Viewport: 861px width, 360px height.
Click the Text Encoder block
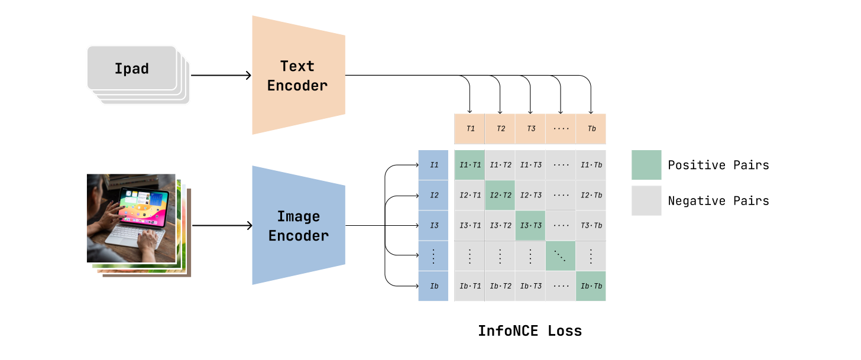[298, 76]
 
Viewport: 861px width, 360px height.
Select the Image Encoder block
[298, 226]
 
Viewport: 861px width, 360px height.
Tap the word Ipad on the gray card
[131, 69]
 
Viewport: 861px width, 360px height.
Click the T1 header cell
[470, 129]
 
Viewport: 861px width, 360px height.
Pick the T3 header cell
[530, 129]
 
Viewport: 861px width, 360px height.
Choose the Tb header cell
[591, 129]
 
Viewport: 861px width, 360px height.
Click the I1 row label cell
[433, 165]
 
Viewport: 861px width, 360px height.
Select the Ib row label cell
[433, 286]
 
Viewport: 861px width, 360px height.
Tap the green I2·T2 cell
[500, 195]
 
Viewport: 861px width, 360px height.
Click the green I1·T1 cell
[470, 165]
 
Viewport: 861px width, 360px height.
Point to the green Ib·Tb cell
[591, 286]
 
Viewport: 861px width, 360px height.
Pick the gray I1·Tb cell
[591, 165]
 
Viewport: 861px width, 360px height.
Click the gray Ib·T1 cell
[470, 286]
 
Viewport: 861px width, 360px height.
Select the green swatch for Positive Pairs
[646, 165]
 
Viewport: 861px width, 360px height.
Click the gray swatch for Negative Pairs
[646, 201]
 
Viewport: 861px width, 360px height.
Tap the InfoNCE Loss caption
[530, 331]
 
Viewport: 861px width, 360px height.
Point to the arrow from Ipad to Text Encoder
[222, 76]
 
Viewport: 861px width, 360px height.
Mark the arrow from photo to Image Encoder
[222, 226]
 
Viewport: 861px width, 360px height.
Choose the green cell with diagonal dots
[561, 255]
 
